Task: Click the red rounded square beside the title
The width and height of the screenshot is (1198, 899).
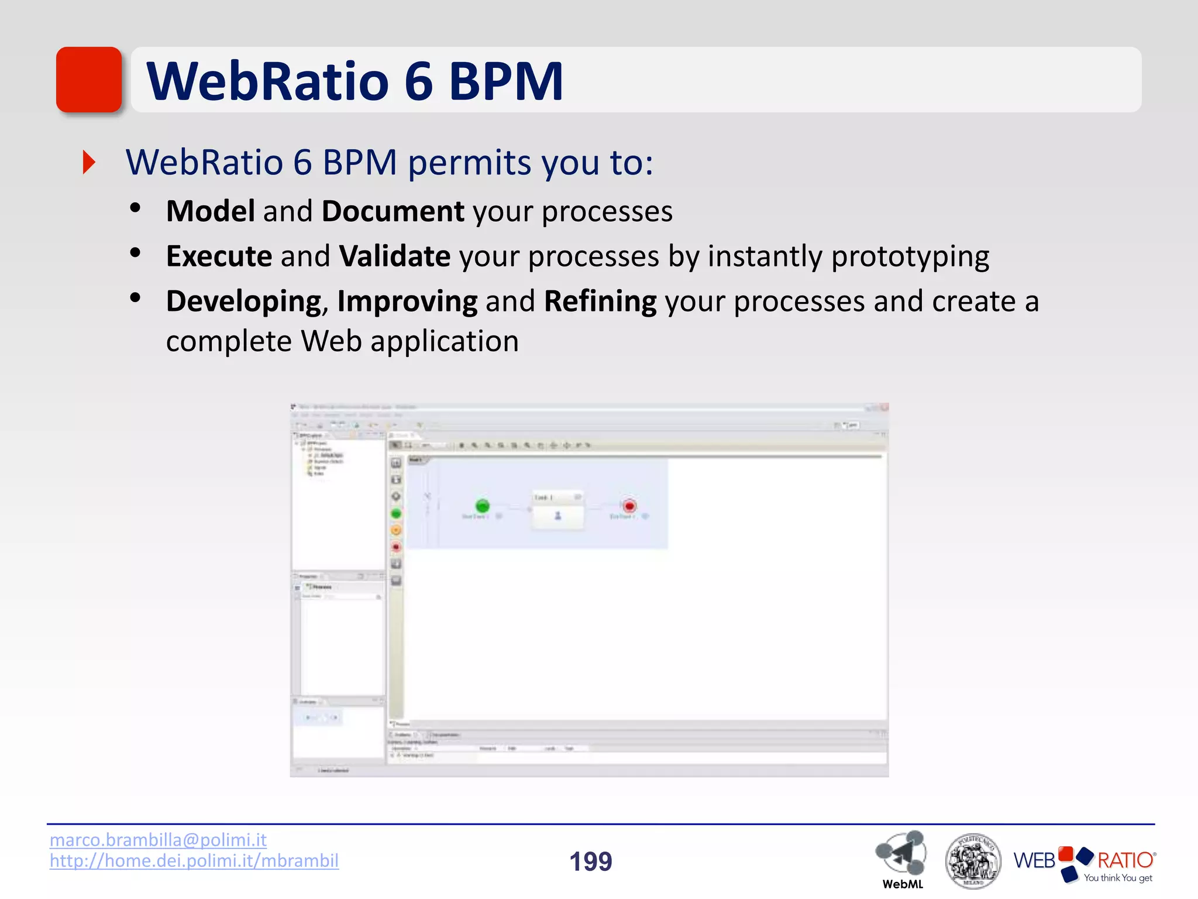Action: pos(89,80)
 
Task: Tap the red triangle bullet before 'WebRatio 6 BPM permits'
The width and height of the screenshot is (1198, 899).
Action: pos(89,162)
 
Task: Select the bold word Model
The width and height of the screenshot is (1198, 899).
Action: pos(211,211)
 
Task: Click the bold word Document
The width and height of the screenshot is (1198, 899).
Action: pos(393,211)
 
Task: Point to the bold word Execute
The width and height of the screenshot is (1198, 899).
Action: pos(219,256)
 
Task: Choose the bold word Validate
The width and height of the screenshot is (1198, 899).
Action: pos(395,256)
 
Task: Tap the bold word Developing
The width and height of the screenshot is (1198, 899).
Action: pos(243,301)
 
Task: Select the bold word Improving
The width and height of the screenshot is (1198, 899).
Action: pos(407,301)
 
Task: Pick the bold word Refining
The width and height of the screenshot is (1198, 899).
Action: pos(600,301)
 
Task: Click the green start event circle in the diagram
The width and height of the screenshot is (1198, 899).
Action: pos(482,506)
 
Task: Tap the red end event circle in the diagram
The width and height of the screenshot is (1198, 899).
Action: pos(629,506)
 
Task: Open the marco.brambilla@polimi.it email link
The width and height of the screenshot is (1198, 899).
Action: pos(158,840)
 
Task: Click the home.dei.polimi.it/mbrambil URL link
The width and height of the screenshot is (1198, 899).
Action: pos(194,861)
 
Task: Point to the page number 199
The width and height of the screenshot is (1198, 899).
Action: pos(591,862)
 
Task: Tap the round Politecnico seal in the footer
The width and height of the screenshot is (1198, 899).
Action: pos(973,861)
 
